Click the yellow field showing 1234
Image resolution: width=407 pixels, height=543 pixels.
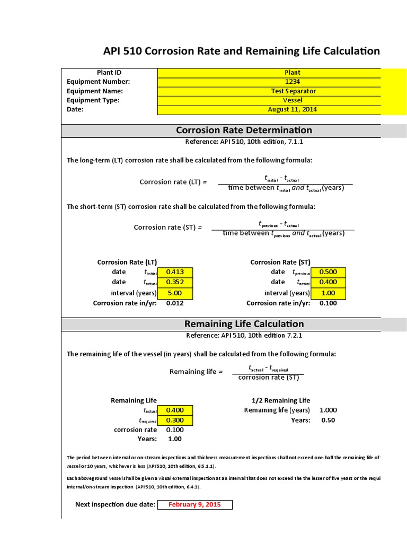[292, 82]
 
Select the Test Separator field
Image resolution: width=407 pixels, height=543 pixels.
[292, 91]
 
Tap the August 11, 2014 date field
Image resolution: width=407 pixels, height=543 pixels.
[292, 110]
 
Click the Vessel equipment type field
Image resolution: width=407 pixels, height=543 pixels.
[292, 100]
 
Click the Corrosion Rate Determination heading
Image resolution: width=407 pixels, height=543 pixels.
[244, 130]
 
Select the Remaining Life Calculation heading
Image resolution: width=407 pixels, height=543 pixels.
[244, 324]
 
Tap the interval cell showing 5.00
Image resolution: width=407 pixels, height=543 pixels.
[175, 293]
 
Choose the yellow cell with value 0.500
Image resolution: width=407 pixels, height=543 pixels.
[328, 272]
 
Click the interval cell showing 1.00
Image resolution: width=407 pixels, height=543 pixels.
[328, 293]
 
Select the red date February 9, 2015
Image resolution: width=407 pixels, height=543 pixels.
[194, 505]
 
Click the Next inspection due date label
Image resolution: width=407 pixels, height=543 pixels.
[115, 505]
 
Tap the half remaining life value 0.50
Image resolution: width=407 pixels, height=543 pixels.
[328, 420]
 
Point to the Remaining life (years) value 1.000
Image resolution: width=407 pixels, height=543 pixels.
[328, 410]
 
